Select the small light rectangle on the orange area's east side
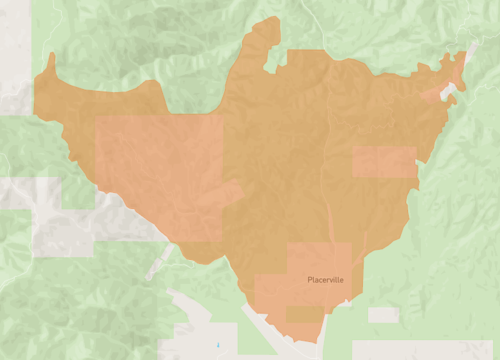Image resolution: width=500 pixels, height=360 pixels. coord(384,162)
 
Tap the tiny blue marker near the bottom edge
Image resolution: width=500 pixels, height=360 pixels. coord(217,344)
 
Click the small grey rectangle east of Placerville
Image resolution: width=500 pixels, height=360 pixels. coord(383,315)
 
